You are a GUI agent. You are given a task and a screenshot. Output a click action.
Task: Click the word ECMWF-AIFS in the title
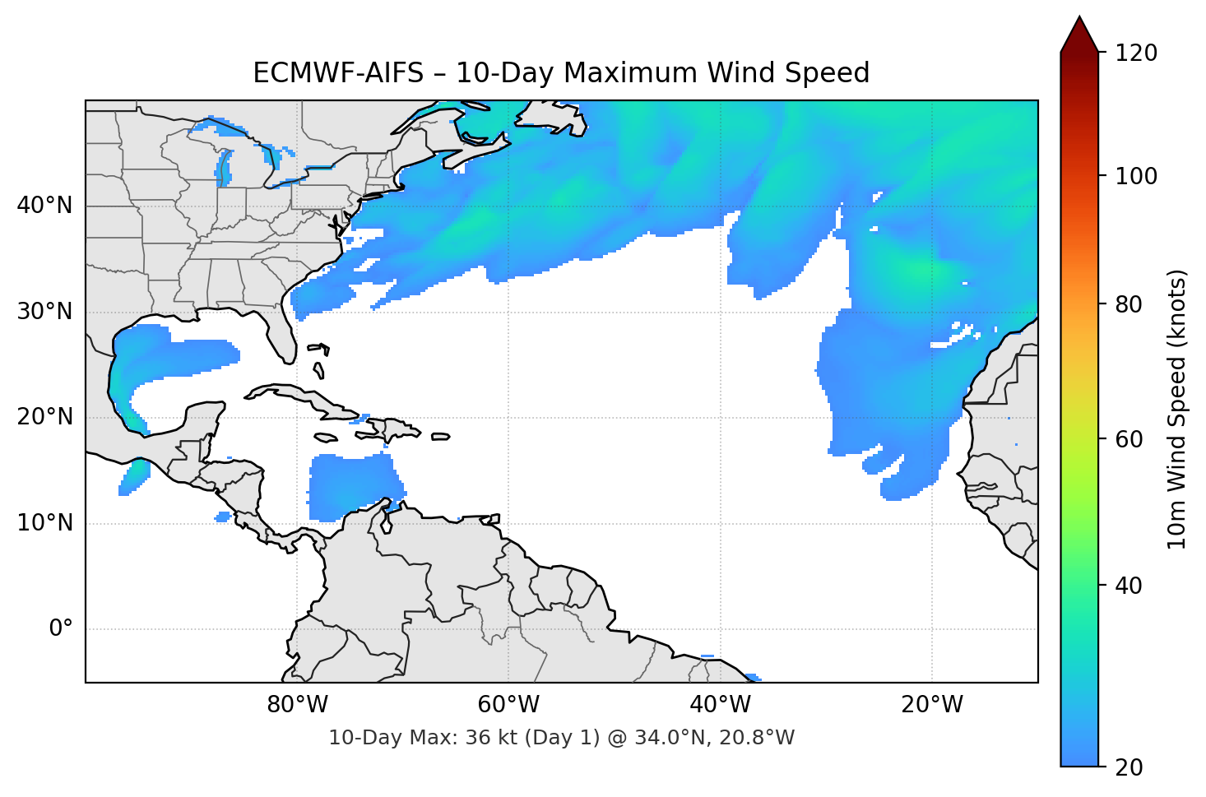[x=337, y=73]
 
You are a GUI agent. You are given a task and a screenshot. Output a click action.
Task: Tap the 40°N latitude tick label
[x=44, y=206]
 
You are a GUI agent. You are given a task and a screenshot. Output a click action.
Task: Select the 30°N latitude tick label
[x=44, y=312]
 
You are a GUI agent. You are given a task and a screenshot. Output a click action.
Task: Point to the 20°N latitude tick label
[x=44, y=417]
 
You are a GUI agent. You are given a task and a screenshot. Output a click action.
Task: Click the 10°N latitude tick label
[x=44, y=523]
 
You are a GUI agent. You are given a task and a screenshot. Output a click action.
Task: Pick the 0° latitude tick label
[x=60, y=629]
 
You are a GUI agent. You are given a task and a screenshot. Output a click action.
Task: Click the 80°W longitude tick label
[x=297, y=705]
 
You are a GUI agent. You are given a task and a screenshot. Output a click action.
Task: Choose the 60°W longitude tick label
[x=508, y=705]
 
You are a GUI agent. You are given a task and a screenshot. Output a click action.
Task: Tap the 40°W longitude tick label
[x=720, y=705]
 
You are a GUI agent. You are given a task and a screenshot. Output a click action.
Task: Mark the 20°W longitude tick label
[x=931, y=705]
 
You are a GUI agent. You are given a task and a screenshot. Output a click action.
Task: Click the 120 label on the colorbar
[x=1136, y=53]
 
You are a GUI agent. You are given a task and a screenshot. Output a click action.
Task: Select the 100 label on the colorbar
[x=1136, y=176]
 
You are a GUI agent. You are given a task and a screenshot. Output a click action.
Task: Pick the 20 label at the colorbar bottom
[x=1129, y=767]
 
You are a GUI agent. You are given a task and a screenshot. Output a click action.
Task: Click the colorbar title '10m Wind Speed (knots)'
[x=1177, y=410]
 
